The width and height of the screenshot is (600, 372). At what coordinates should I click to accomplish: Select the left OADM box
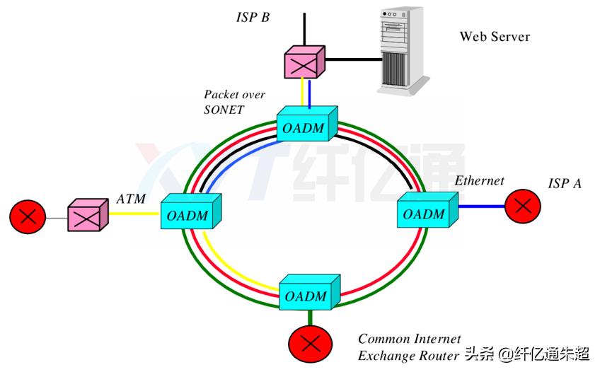coord(187,212)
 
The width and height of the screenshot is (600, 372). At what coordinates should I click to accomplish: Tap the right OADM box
coord(425,211)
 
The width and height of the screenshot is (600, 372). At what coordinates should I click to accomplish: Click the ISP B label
coord(253,16)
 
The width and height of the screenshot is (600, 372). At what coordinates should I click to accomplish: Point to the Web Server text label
coord(495,36)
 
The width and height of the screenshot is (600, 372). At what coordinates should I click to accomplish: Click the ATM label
coord(131,199)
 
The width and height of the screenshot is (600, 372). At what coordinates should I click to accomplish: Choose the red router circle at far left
coord(29,216)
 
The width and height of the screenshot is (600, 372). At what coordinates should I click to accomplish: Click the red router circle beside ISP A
coord(523,206)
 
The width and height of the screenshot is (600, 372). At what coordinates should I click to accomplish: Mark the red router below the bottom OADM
coord(308,344)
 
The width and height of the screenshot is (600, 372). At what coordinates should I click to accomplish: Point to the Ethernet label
coord(479,181)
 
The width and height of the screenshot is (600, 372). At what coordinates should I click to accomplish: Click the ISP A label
coord(565,183)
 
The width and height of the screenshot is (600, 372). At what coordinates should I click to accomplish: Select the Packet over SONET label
coord(224,102)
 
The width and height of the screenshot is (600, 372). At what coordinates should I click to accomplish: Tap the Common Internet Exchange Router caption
coord(410,347)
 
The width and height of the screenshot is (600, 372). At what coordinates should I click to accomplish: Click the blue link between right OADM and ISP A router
coord(480,206)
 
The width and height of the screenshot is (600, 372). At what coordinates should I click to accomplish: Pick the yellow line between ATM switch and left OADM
coord(134,214)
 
